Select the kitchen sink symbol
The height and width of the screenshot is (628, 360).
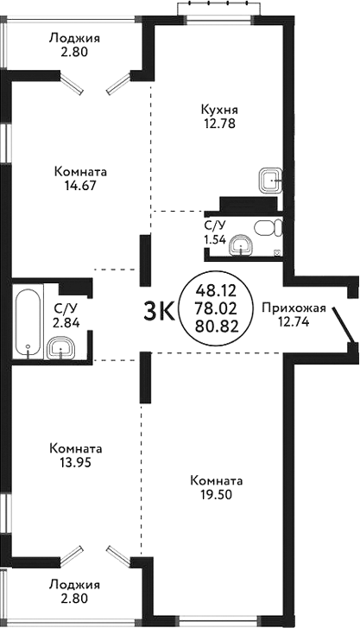(268, 180)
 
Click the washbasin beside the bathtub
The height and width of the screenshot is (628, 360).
(60, 348)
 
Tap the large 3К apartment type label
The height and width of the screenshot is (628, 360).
(159, 310)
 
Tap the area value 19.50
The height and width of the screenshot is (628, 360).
(212, 495)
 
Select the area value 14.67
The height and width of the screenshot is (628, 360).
(79, 184)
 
